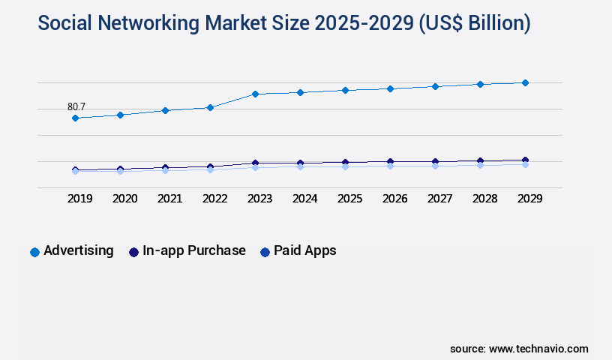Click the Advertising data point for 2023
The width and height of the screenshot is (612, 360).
pos(255,94)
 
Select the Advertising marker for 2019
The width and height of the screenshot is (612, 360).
pos(75,118)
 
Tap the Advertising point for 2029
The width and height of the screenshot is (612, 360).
pos(525,82)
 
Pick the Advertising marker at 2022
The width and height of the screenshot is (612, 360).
pos(210,107)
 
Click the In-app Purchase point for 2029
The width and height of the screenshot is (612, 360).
pos(525,160)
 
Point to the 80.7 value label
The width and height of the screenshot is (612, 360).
pos(76,106)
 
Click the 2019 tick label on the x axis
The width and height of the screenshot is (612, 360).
pos(80,199)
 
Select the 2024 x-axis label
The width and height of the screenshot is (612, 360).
pos(305,199)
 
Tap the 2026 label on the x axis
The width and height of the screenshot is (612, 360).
pos(395,199)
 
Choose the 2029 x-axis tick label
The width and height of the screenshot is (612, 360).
pos(530,199)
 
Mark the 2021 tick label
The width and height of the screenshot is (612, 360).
pos(170,199)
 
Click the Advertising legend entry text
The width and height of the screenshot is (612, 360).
pos(79,250)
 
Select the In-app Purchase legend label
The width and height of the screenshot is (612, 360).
pos(194,250)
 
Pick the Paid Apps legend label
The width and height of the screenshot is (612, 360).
pos(305,250)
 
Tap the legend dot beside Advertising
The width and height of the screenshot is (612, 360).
pos(34,252)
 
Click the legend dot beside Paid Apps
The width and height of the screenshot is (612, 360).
pos(265,252)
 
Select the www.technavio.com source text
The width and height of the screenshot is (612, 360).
pos(538,349)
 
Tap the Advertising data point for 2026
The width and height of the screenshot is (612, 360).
pos(390,88)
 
